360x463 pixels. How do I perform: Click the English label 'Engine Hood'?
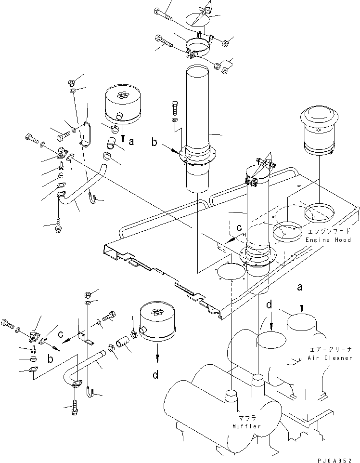(x=328, y=240)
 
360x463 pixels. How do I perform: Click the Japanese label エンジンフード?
(x=327, y=232)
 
